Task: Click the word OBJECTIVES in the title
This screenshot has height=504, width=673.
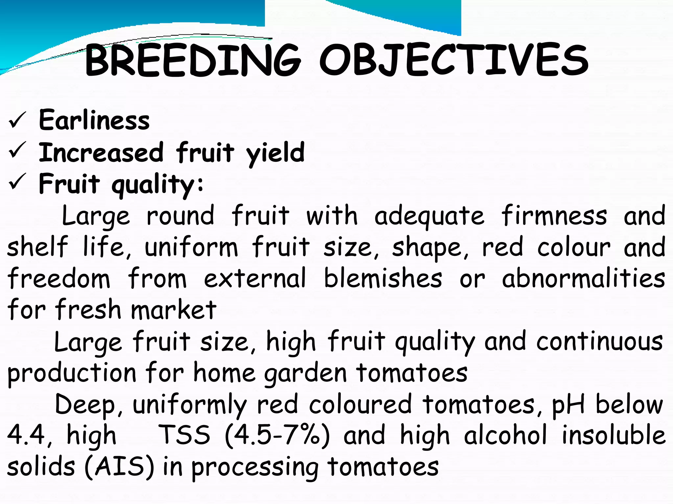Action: pyautogui.click(x=454, y=60)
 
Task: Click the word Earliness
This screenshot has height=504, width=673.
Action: pyautogui.click(x=94, y=120)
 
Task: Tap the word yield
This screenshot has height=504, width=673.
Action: pyautogui.click(x=275, y=153)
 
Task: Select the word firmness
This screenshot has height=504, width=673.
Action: pyautogui.click(x=554, y=216)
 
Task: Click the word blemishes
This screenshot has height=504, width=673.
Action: pyautogui.click(x=383, y=278)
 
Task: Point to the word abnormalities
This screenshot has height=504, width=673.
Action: pyautogui.click(x=584, y=278)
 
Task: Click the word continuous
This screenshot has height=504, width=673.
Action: pyautogui.click(x=599, y=341)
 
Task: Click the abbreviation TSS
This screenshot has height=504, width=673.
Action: pyautogui.click(x=184, y=435)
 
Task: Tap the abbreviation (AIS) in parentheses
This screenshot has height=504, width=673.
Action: pyautogui.click(x=119, y=467)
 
